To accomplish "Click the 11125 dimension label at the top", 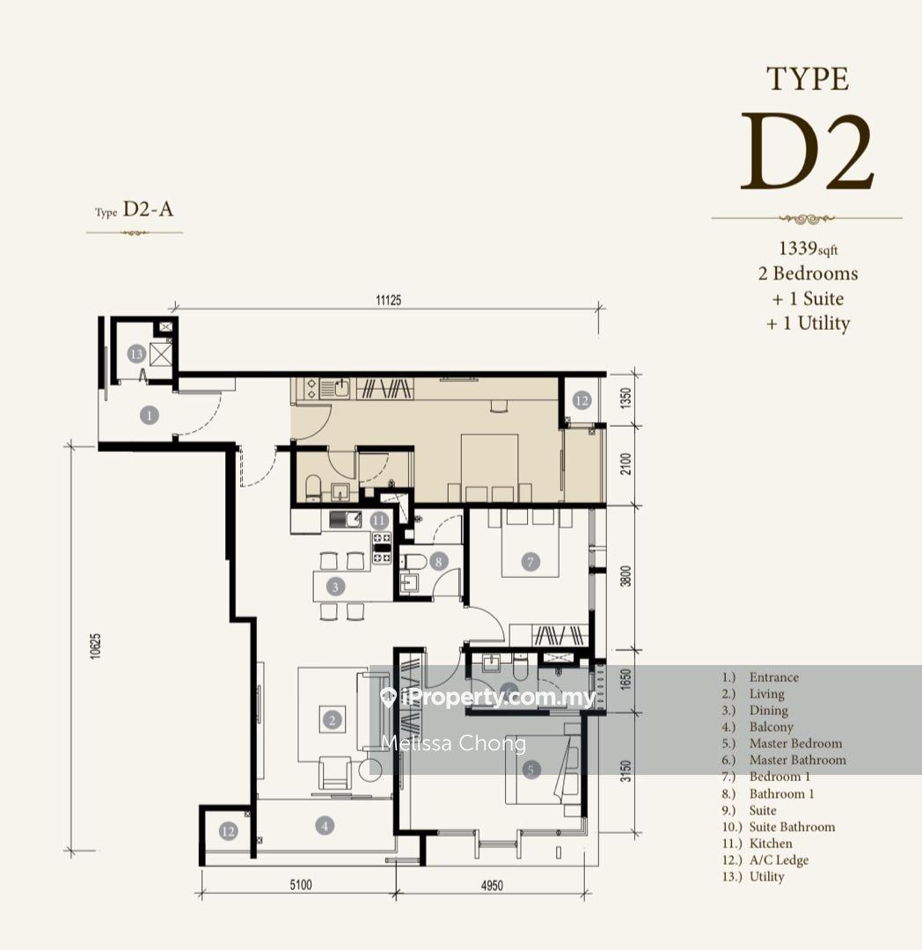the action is (388, 300).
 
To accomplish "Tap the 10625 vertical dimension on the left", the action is (96, 646).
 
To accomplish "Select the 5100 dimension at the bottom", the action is (301, 885).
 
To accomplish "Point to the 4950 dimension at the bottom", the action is (492, 885).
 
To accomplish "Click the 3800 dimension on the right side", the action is (626, 575).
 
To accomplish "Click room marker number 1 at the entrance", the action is (149, 415).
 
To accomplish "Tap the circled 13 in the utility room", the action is (137, 354).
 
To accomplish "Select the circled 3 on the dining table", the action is (335, 587).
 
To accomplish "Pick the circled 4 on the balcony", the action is (325, 825).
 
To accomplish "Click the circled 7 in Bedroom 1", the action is (531, 561).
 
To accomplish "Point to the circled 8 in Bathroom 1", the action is (439, 561).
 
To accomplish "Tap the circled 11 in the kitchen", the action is (379, 521).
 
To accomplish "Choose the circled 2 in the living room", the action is (332, 720).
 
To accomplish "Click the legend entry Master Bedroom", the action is (795, 743).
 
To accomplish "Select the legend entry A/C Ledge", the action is (779, 859).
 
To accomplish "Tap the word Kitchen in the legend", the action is (771, 844).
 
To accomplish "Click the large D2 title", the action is (807, 152).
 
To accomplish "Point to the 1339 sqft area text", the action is (809, 248).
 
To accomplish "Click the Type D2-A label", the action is (134, 209).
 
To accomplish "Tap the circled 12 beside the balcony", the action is (229, 832).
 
